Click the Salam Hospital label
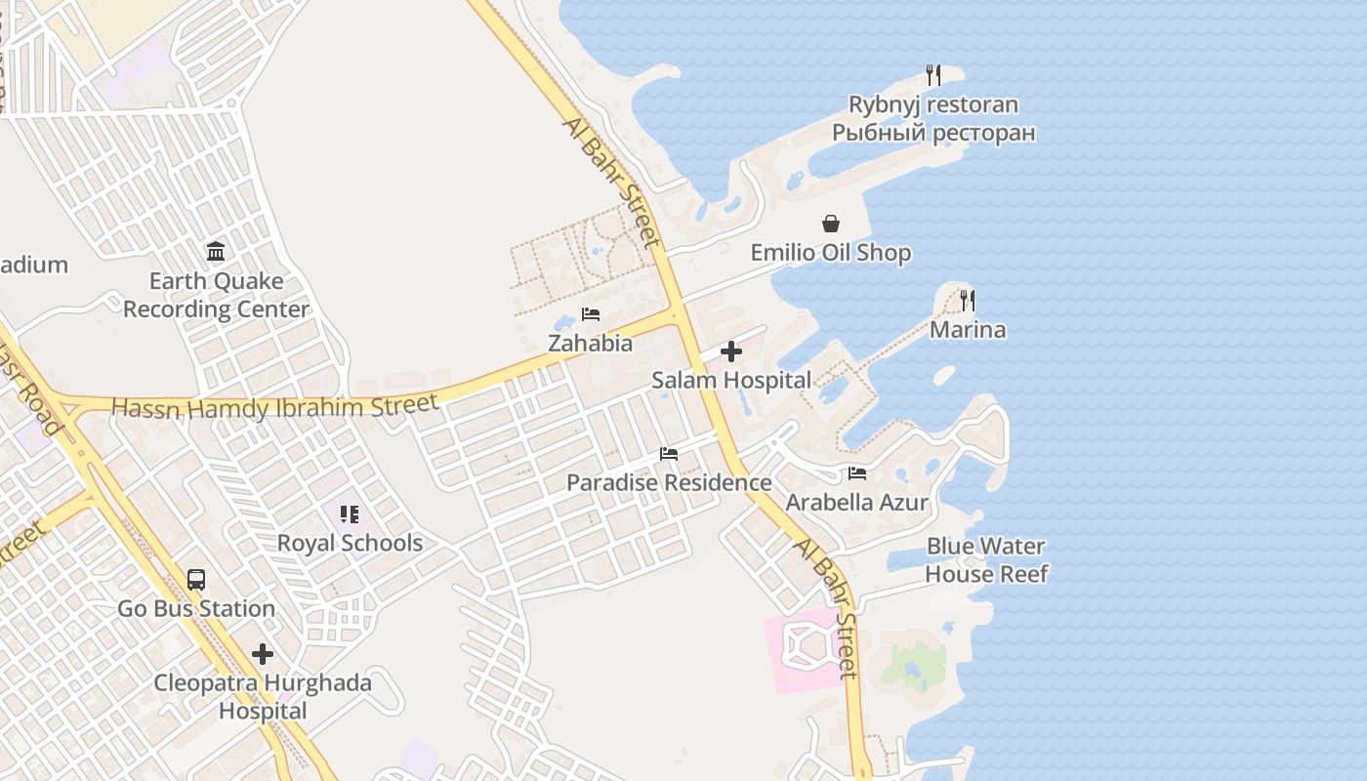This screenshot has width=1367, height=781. click(731, 381)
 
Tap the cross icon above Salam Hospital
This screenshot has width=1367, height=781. click(731, 352)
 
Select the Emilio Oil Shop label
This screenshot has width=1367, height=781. click(830, 253)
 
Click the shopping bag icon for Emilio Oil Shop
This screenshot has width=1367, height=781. click(830, 225)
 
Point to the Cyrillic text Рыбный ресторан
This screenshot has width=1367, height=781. click(933, 132)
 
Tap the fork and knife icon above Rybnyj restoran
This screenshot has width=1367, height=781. click(933, 74)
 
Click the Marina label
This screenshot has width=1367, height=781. click(968, 330)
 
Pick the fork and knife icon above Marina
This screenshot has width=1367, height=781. click(968, 301)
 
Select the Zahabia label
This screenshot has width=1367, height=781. click(590, 344)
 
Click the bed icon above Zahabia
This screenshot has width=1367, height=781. click(591, 314)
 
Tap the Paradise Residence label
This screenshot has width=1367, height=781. click(669, 482)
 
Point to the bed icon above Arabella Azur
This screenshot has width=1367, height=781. click(857, 473)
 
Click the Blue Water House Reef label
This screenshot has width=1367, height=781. click(986, 560)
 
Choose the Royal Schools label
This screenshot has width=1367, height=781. click(350, 543)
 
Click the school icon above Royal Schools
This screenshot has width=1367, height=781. click(350, 514)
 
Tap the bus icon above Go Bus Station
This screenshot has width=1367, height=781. click(196, 580)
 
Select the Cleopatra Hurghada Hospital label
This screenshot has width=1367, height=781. click(263, 696)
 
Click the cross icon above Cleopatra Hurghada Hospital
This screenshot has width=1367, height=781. click(263, 654)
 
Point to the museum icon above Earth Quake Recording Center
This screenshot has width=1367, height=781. click(216, 252)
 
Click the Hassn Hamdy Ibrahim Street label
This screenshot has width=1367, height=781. click(275, 406)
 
